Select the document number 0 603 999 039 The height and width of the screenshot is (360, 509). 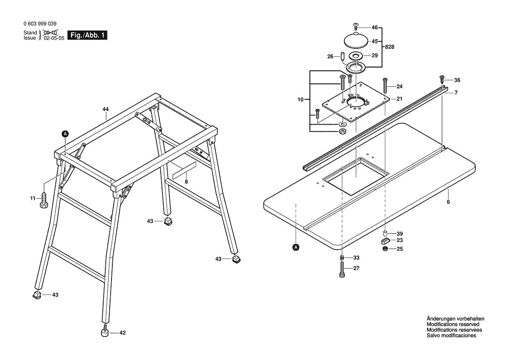40,24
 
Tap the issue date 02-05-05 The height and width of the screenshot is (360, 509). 54,38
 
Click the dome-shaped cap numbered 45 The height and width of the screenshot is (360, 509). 356,41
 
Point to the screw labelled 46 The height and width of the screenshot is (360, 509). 355,27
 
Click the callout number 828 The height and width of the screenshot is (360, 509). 390,47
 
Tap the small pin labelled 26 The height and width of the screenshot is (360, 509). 343,57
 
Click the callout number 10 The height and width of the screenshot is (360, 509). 300,100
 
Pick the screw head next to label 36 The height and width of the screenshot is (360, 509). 442,79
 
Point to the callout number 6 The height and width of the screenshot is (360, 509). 448,202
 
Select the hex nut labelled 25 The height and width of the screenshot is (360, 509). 385,249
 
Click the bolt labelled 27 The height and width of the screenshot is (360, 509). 342,268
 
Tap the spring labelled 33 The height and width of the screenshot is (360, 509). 342,257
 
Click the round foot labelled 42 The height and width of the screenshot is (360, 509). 104,333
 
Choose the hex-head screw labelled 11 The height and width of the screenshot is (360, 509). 44,200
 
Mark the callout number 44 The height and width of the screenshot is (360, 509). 106,109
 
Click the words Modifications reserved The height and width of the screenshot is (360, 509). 453,324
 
